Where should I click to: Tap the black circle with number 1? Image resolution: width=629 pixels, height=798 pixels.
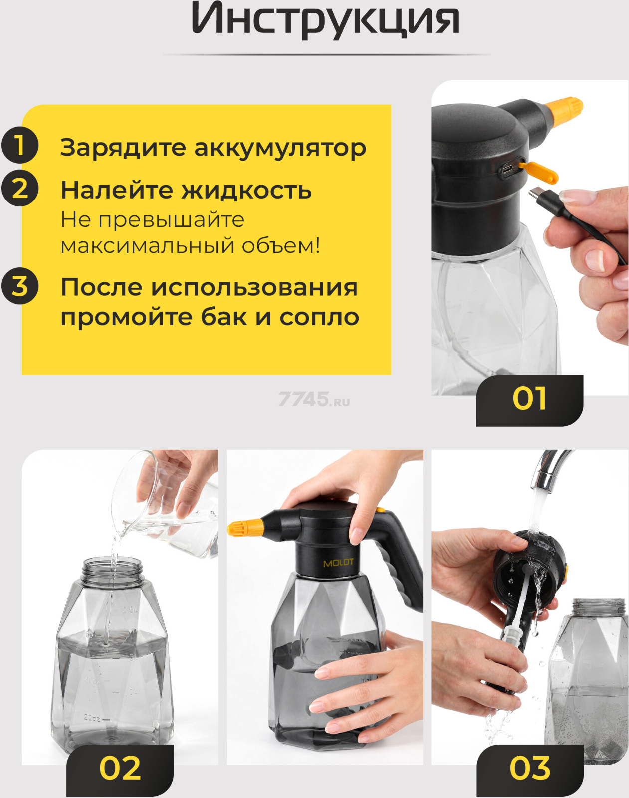coord(20,145)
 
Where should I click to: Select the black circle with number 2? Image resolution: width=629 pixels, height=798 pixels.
coord(20,188)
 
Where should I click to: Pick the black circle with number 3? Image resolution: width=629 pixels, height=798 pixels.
coord(20,286)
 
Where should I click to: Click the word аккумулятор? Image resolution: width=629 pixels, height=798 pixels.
coord(280,148)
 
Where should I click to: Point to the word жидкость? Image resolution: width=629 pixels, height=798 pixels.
coord(246,190)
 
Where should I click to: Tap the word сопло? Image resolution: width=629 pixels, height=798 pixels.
coord(319,317)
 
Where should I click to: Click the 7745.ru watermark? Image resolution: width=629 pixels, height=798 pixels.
coord(314,399)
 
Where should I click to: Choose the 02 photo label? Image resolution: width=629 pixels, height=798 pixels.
coord(120,769)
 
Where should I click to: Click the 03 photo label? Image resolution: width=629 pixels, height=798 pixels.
coord(530,769)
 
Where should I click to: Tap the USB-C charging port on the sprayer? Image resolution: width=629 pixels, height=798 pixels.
coord(507,171)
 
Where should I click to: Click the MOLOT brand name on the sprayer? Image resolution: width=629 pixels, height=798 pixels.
coord(338,563)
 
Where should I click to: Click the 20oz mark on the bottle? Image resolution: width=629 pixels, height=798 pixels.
coord(92,718)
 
